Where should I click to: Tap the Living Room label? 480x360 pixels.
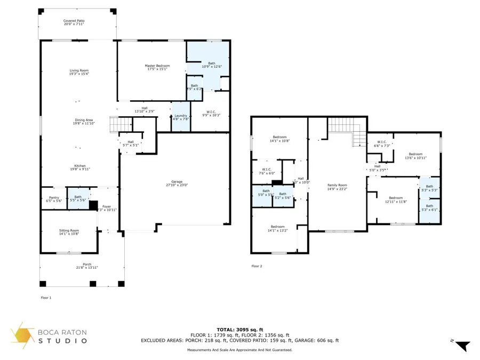click(x=78, y=72)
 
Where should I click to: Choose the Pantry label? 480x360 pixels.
click(x=54, y=198)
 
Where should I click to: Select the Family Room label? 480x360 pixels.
click(x=337, y=187)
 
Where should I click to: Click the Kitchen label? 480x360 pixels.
click(x=78, y=167)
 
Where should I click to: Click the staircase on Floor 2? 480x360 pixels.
click(x=343, y=129)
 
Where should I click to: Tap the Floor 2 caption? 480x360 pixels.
click(x=257, y=266)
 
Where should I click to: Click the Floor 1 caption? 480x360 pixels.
click(x=46, y=298)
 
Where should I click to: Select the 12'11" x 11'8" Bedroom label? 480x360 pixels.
click(x=396, y=199)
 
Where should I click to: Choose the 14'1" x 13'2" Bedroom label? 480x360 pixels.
click(x=277, y=228)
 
